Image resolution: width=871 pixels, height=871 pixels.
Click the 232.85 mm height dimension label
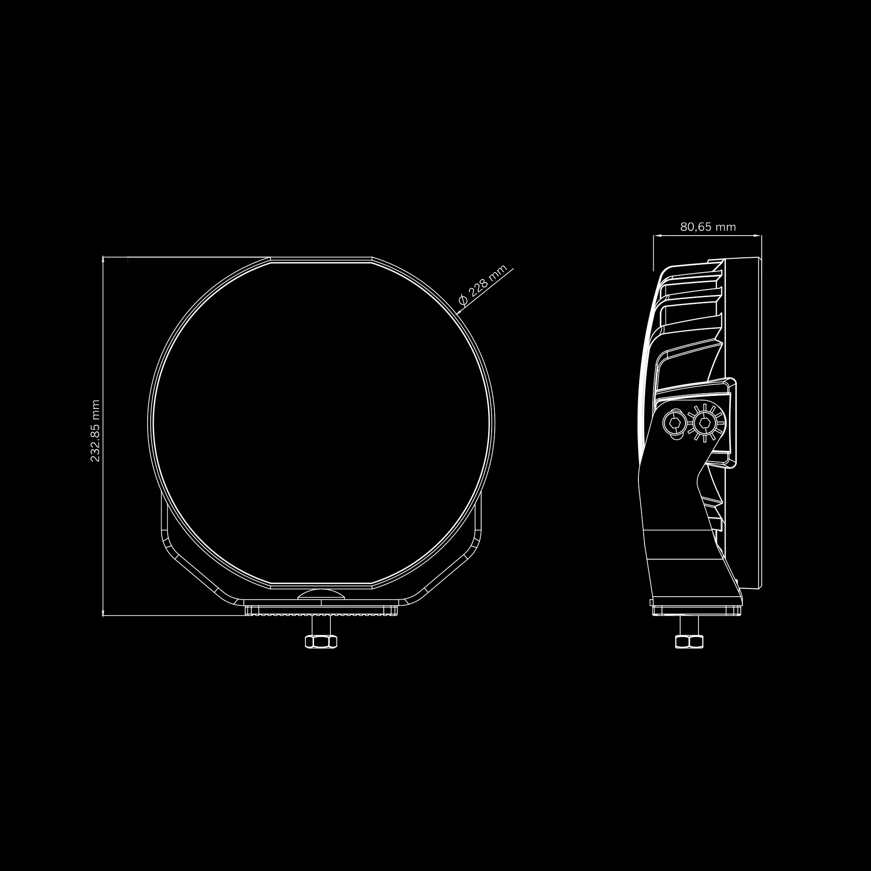pyautogui.click(x=95, y=431)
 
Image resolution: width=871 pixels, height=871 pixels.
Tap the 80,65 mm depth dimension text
pyautogui.click(x=708, y=227)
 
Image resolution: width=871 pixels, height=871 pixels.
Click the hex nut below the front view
pyautogui.click(x=321, y=641)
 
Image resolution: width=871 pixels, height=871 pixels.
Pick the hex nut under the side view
pyautogui.click(x=689, y=641)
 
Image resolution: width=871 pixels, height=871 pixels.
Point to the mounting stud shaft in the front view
pyautogui.click(x=321, y=625)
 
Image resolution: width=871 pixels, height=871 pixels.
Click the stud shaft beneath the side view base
pyautogui.click(x=689, y=625)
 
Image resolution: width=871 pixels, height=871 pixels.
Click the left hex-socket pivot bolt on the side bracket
pyautogui.click(x=675, y=423)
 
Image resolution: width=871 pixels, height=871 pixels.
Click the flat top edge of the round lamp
pyautogui.click(x=321, y=260)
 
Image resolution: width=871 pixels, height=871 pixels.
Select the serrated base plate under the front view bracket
pyautogui.click(x=321, y=611)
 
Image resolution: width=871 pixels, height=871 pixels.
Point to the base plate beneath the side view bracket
pyautogui.click(x=696, y=610)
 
